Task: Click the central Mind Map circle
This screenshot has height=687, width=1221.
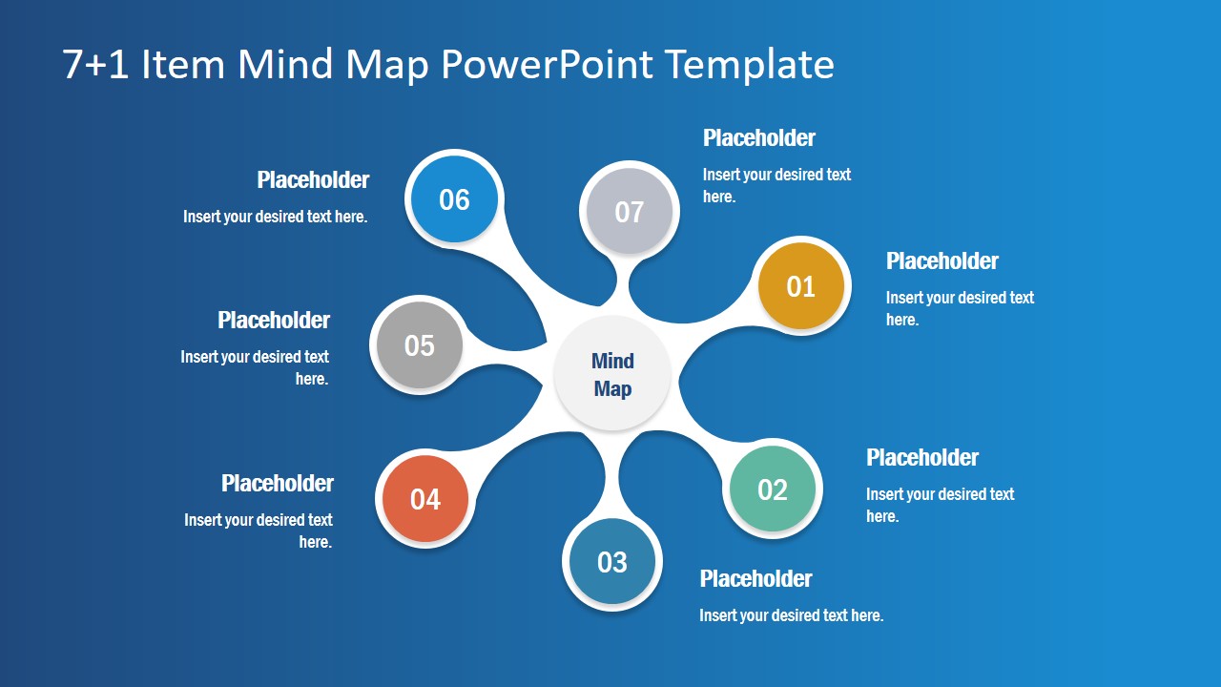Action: (x=612, y=374)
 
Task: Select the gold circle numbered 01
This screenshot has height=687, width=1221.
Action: (x=800, y=286)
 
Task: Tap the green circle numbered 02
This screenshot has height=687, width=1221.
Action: (x=772, y=489)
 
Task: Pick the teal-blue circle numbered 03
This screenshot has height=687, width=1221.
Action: (x=611, y=562)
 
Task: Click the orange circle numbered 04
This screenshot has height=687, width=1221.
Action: (x=425, y=499)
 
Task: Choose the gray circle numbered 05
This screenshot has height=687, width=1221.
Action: (x=420, y=345)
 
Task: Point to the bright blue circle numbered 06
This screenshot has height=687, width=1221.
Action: (x=454, y=199)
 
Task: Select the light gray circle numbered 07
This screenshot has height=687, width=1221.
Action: (x=629, y=212)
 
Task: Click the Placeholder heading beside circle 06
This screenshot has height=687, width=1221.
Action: (x=313, y=180)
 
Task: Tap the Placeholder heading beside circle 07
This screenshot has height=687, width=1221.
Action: (x=758, y=138)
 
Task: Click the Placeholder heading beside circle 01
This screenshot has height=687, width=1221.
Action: (x=942, y=261)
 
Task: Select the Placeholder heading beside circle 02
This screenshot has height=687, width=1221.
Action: (x=921, y=458)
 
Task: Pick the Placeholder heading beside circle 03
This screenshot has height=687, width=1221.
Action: (x=755, y=579)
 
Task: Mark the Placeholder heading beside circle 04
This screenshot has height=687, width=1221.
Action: (x=278, y=484)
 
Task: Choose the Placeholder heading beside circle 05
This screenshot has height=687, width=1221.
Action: (x=274, y=321)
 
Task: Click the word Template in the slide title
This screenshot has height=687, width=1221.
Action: (x=750, y=65)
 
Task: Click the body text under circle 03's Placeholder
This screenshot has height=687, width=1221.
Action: (x=791, y=615)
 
